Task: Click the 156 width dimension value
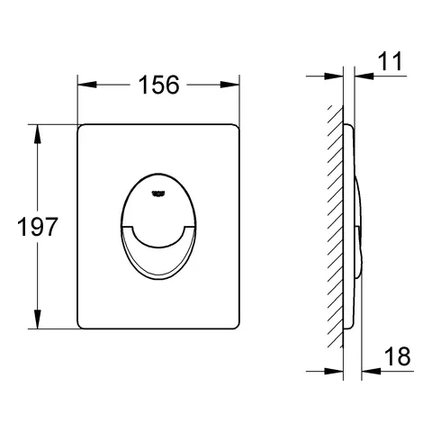tap(158, 85)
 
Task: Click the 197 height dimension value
tap(38, 227)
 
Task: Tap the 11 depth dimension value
tap(390, 61)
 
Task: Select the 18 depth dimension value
tap(398, 356)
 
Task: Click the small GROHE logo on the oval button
tap(157, 194)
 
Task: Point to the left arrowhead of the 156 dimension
tap(87, 85)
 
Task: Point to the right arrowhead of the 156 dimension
tap(230, 85)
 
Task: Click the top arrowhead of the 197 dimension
tap(38, 134)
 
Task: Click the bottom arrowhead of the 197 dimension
tap(38, 319)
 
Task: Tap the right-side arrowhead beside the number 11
tap(364, 76)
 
